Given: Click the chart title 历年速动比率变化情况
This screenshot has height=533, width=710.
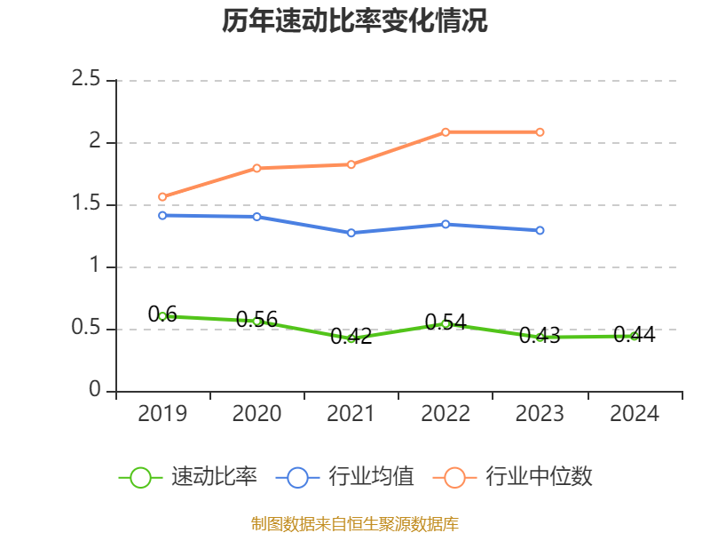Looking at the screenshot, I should click(355, 21).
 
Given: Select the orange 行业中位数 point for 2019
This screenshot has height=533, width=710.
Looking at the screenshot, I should click(162, 197).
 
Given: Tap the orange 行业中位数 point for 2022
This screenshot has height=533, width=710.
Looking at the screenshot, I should click(446, 132).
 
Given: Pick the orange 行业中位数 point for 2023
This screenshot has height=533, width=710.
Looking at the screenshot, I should click(540, 132).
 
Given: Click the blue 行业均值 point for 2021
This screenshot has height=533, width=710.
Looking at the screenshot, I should click(351, 233).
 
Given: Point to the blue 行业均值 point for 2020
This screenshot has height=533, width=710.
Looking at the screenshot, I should click(256, 217).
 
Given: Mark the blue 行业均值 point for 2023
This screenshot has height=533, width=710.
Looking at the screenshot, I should click(540, 231).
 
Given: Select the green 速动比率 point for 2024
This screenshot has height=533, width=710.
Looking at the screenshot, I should click(634, 336).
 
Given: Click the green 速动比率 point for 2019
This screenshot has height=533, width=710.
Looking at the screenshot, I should click(162, 316).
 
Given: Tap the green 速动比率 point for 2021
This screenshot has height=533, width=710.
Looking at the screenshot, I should click(351, 338).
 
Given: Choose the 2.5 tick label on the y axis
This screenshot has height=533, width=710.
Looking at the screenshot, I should click(87, 80).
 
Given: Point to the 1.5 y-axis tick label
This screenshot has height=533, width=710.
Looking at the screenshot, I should click(87, 204).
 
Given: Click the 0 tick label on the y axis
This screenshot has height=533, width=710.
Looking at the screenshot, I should click(96, 391).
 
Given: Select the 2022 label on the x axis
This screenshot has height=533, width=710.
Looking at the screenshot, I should click(446, 414).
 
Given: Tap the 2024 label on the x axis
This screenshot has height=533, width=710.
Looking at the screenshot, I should click(634, 414).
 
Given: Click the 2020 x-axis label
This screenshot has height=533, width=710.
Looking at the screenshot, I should click(256, 414).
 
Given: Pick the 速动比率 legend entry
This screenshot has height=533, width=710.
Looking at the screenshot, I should click(213, 477).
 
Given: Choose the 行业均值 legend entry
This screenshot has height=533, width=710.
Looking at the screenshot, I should click(371, 477).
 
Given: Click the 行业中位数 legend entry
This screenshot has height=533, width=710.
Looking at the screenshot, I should click(538, 477).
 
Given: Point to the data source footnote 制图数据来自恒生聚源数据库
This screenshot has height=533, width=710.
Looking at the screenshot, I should click(355, 523).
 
